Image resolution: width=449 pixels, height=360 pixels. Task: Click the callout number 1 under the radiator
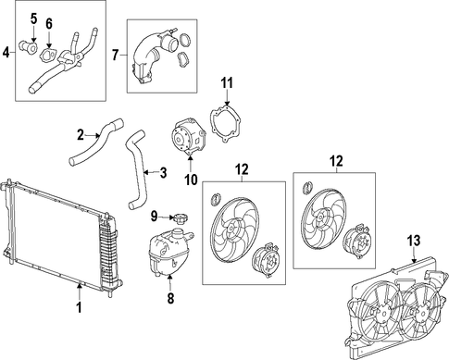(80, 307)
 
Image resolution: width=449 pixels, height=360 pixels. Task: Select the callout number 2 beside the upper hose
(81, 135)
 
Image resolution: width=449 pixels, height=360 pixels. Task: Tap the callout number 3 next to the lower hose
(163, 173)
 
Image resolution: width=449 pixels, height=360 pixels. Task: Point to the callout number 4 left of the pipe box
(6, 53)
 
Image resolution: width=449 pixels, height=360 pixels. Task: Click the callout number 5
(33, 19)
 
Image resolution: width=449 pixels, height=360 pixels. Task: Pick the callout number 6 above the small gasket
(49, 23)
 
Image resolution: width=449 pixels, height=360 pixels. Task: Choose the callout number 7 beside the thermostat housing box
(115, 55)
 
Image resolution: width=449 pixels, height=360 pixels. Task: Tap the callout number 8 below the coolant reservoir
(170, 298)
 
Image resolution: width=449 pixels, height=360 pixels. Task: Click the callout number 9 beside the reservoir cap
(154, 217)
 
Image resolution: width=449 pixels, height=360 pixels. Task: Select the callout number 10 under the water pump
(191, 180)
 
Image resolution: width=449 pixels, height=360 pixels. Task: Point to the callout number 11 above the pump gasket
(227, 83)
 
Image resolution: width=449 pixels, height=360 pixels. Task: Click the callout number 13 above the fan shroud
(414, 241)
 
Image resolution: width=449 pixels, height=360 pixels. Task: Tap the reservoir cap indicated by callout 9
(181, 218)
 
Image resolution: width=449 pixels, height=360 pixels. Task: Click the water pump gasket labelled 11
(226, 124)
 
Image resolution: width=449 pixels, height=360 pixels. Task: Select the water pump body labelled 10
(189, 137)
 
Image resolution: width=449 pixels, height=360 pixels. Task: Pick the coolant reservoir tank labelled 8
(168, 251)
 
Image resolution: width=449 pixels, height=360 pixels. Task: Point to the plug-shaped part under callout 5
(29, 47)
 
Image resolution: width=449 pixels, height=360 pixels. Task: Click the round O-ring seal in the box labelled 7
(185, 40)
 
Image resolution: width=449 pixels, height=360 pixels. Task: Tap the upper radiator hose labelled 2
(96, 143)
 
